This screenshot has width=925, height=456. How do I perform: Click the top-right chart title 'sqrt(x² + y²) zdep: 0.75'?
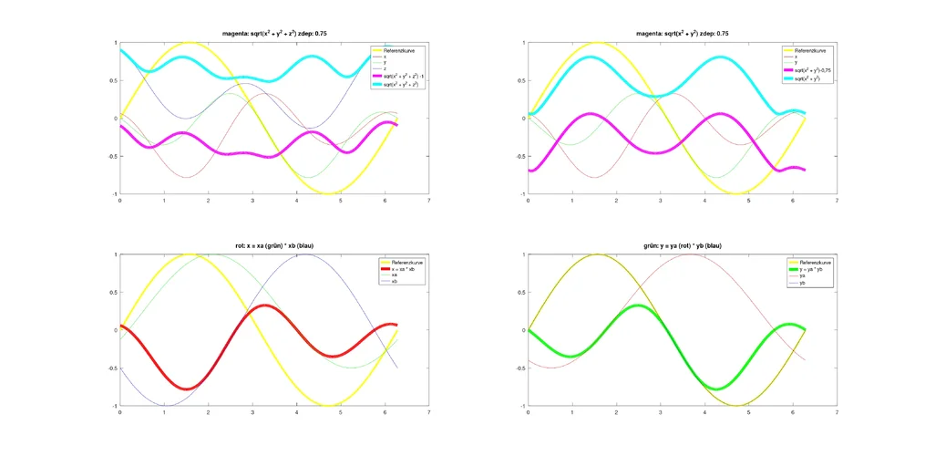click(685, 33)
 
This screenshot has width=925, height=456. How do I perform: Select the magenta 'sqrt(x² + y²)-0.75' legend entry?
click(814, 70)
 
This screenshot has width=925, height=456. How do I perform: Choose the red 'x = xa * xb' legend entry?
click(404, 269)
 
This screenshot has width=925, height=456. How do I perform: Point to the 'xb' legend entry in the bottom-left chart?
click(395, 282)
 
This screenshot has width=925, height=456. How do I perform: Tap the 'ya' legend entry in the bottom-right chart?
click(803, 275)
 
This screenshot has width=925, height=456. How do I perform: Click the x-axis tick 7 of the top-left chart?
click(428, 201)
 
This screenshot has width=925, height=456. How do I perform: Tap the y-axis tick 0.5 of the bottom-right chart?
click(522, 292)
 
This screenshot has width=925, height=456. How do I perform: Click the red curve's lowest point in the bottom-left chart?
click(187, 389)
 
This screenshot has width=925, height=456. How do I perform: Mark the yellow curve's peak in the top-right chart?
click(598, 42)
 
